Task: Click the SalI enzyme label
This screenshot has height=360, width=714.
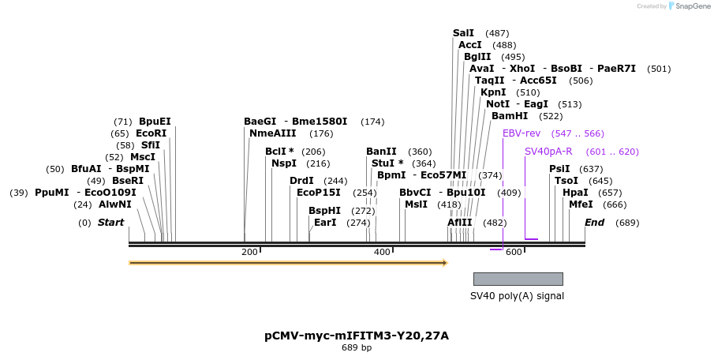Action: click(463, 33)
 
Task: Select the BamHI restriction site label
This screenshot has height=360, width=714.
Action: click(510, 116)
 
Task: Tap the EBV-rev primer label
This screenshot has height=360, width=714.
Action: click(521, 133)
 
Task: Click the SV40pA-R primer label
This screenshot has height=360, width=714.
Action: click(548, 152)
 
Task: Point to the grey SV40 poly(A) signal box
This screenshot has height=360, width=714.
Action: click(518, 279)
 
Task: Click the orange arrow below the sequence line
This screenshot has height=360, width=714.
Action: click(288, 263)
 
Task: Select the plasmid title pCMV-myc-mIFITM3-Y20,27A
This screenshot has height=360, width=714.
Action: click(357, 336)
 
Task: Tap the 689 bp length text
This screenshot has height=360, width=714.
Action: click(357, 347)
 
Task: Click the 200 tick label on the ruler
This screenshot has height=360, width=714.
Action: click(249, 252)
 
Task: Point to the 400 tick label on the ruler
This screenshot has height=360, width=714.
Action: click(382, 252)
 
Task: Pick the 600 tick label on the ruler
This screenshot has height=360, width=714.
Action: click(514, 252)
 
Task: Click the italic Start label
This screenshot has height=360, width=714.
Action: click(110, 223)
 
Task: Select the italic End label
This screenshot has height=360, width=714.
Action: click(594, 223)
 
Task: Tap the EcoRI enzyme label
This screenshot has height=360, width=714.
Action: click(151, 133)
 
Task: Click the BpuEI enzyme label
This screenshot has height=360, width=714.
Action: click(155, 122)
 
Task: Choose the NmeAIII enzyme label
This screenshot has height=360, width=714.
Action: click(272, 133)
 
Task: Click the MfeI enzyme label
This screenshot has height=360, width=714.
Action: click(581, 204)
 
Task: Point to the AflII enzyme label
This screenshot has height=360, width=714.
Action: click(460, 223)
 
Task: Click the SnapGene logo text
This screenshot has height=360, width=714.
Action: click(689, 6)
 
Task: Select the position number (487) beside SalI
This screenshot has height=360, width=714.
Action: click(497, 33)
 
